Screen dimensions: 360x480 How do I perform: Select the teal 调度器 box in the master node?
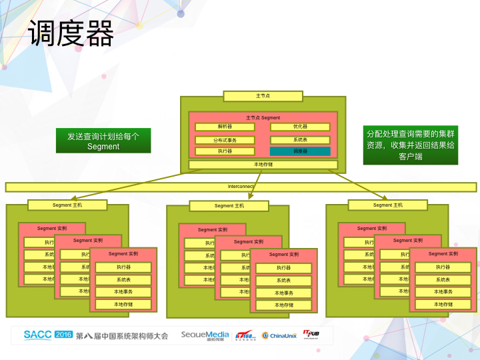(300, 151)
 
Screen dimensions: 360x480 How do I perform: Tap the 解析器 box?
(224, 127)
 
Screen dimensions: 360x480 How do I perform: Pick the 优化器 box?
(300, 127)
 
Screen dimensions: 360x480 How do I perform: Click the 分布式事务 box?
(224, 140)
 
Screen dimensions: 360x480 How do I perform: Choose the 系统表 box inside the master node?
(300, 140)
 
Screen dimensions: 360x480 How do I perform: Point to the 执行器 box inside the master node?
(224, 151)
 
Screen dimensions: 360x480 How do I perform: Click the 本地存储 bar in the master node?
(263, 164)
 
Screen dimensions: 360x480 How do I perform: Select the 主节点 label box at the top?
(263, 96)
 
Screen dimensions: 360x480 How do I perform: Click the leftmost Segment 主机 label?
(67, 205)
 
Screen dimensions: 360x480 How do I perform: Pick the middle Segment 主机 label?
(229, 206)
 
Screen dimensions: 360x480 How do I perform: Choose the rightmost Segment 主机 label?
(387, 205)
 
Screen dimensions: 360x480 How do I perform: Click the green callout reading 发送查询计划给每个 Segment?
(103, 141)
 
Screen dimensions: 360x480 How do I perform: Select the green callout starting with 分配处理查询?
(410, 145)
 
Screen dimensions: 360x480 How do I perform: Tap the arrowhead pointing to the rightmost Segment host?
(385, 197)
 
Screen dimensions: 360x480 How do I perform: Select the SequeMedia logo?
(205, 335)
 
